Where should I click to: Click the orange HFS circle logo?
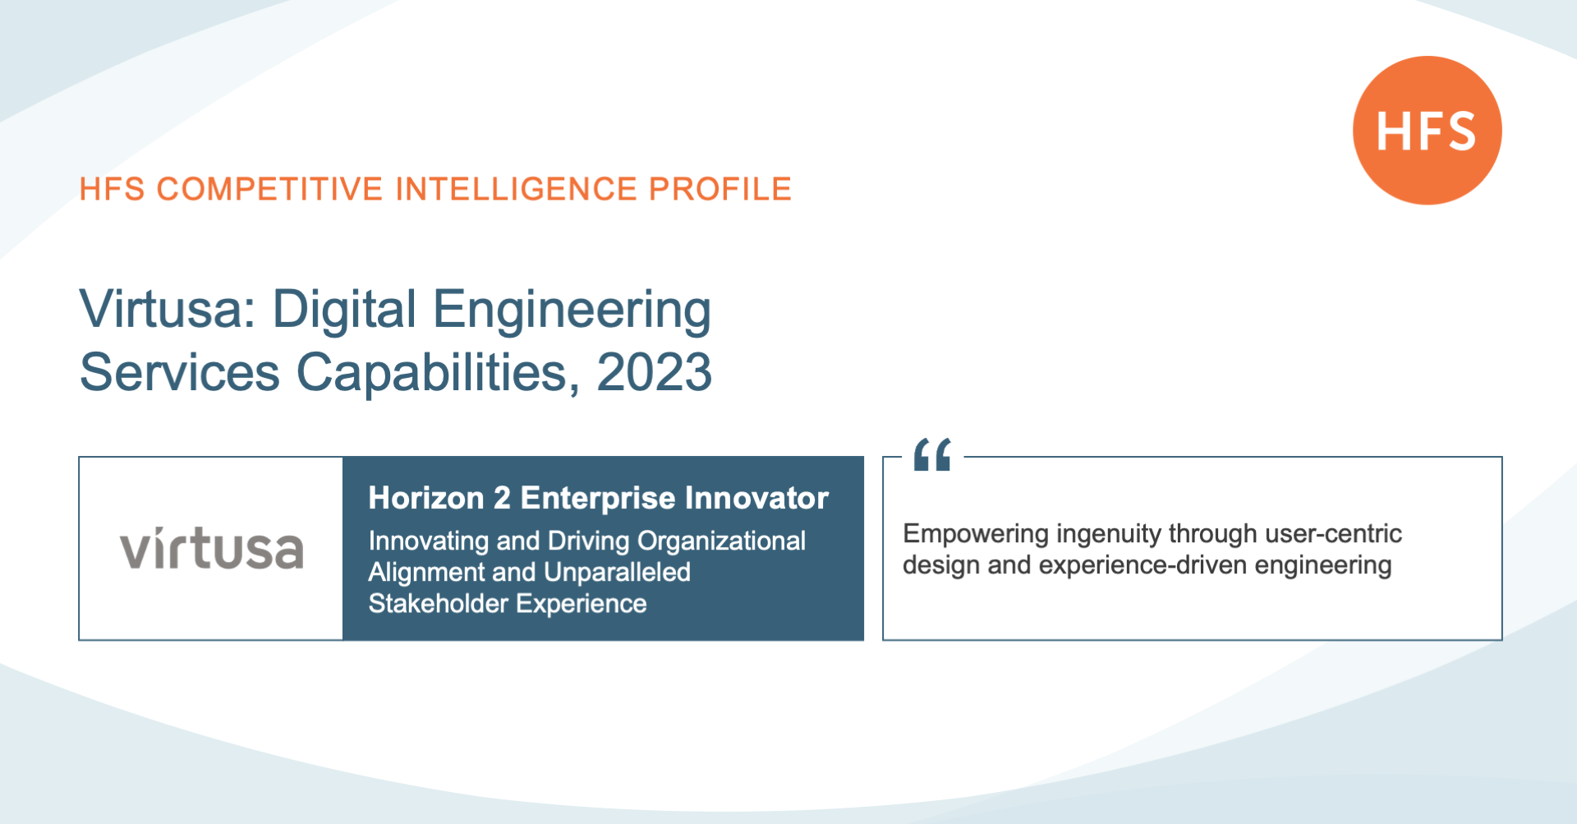click(x=1428, y=130)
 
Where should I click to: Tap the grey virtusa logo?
click(x=212, y=548)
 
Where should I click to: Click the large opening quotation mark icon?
click(x=932, y=454)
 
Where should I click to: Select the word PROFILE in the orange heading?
click(x=720, y=189)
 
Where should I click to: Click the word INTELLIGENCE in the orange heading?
click(x=516, y=189)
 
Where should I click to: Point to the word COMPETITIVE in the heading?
click(x=269, y=189)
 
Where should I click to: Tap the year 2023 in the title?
click(x=654, y=372)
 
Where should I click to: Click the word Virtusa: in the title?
click(x=168, y=310)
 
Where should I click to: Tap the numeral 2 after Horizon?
click(x=502, y=498)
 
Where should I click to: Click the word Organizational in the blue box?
click(x=721, y=541)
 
